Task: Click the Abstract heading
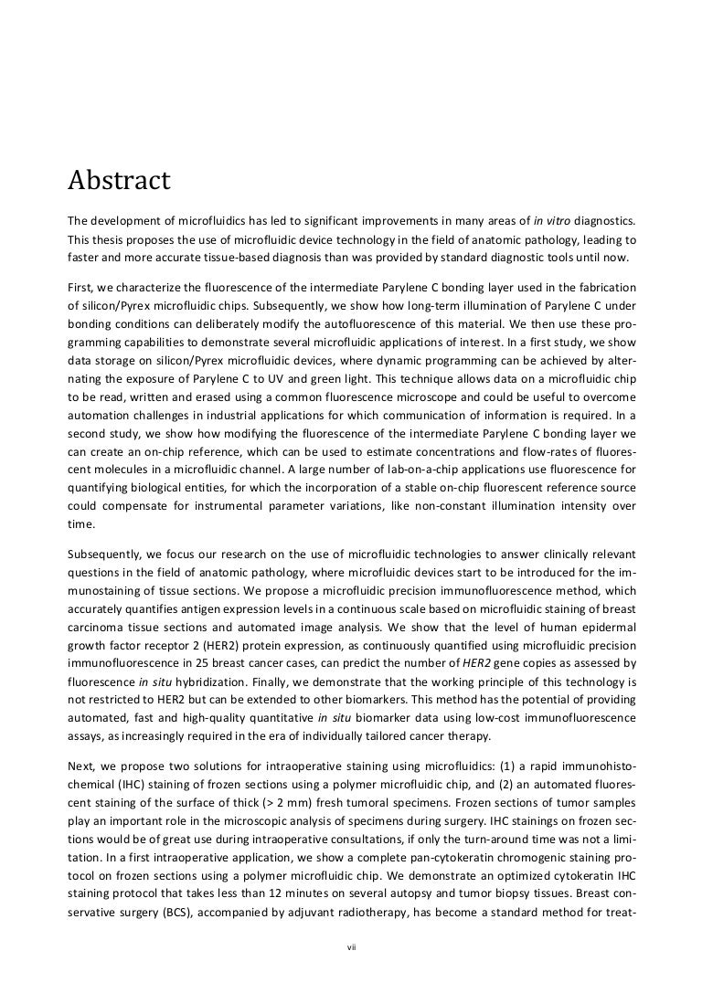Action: [119, 181]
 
